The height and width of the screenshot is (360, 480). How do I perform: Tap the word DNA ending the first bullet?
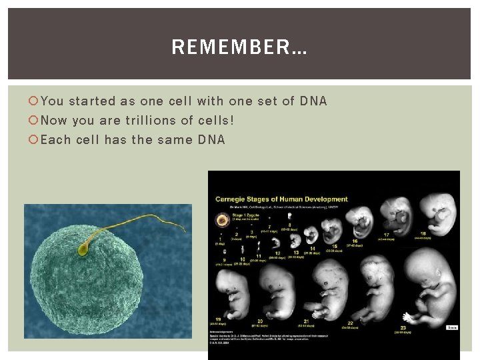[313, 101]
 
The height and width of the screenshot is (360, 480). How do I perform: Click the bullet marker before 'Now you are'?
[33, 121]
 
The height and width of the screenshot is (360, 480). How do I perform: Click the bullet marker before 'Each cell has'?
[33, 140]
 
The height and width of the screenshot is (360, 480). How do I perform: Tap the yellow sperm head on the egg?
[83, 250]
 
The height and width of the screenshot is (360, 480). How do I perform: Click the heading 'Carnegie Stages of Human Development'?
[281, 199]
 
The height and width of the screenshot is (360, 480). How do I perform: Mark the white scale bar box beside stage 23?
[451, 327]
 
